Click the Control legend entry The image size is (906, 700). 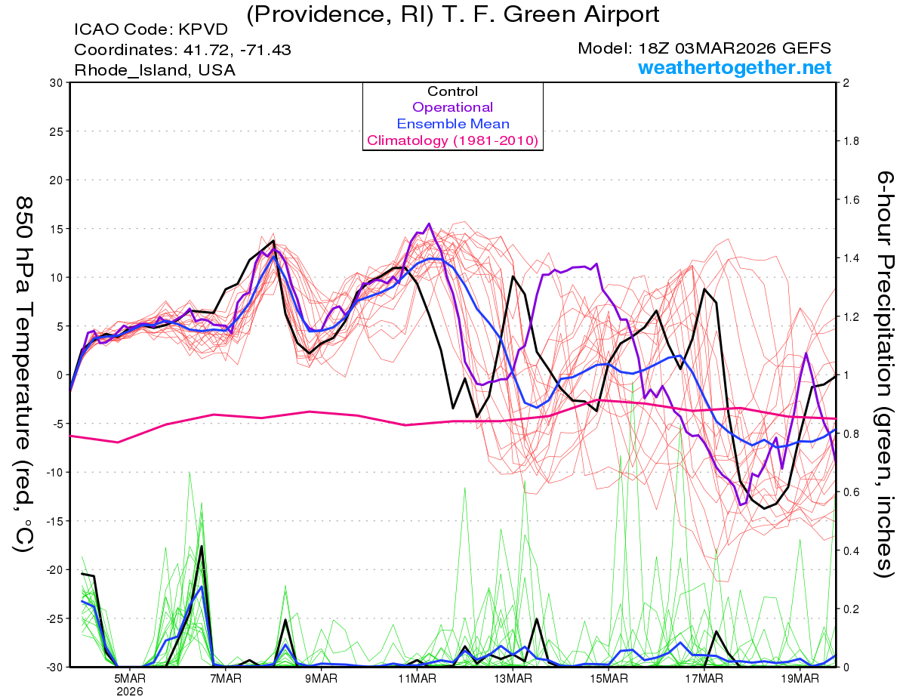(452, 91)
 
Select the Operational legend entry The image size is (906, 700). (452, 107)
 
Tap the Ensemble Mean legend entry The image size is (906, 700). (452, 124)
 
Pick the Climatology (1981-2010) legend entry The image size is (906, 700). (452, 140)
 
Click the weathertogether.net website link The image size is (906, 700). (735, 67)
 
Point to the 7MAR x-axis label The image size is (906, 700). (225, 678)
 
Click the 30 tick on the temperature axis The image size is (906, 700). (56, 83)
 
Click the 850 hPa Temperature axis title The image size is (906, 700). (24, 374)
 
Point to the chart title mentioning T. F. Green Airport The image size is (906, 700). (452, 13)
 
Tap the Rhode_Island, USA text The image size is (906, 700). (155, 69)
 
